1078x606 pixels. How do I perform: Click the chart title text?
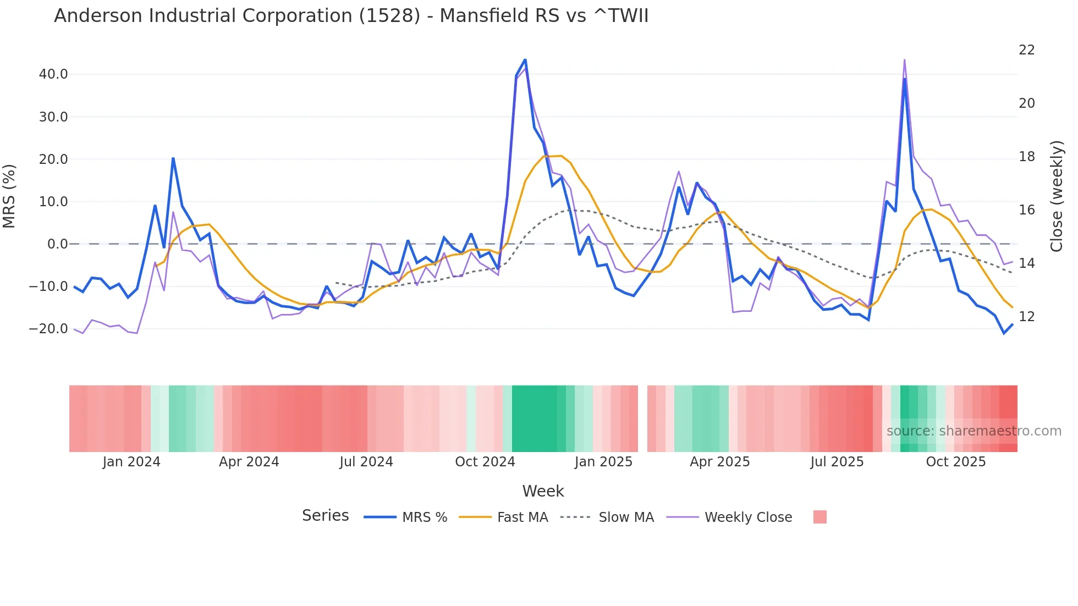[x=351, y=16]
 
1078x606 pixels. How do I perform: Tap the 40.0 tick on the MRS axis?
[x=53, y=74]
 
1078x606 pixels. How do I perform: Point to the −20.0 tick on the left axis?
[x=49, y=329]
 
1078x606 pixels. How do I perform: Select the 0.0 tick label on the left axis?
[x=57, y=244]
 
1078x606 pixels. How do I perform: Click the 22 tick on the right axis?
[x=1026, y=50]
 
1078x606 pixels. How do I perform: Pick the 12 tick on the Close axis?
[x=1026, y=317]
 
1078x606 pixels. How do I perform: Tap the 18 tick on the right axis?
[x=1026, y=157]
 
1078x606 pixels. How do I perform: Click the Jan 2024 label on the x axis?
[x=131, y=462]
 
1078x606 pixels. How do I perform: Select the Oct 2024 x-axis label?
[x=485, y=462]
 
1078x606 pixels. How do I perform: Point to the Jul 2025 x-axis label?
[x=837, y=462]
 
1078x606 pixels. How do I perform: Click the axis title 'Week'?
[x=543, y=491]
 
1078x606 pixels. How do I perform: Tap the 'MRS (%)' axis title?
[x=9, y=196]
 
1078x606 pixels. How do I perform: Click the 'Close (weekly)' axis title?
[x=1057, y=196]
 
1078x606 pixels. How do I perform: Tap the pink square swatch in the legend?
[x=820, y=517]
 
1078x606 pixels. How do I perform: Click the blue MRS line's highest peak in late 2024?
[x=525, y=59]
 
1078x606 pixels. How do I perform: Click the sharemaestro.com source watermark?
[x=974, y=431]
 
